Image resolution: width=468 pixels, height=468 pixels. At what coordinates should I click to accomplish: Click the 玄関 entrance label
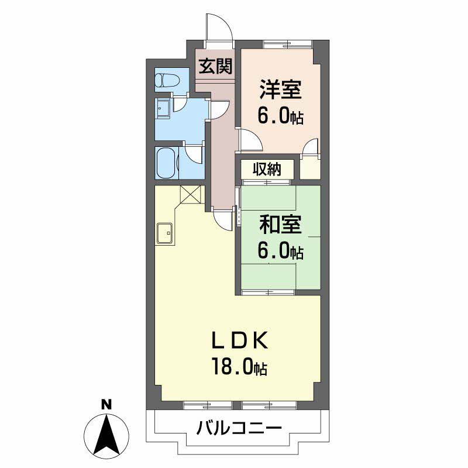click(215, 66)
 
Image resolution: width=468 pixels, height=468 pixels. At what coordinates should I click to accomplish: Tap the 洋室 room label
click(280, 90)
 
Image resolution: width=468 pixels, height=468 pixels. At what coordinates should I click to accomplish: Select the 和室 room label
click(280, 225)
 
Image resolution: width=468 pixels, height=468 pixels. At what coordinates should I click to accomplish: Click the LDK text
click(240, 340)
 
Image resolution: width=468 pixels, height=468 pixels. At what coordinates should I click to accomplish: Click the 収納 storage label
click(267, 169)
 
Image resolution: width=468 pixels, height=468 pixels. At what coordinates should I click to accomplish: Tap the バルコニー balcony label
click(239, 428)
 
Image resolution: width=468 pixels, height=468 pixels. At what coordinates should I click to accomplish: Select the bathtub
click(166, 163)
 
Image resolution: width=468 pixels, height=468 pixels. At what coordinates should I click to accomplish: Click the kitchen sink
click(164, 233)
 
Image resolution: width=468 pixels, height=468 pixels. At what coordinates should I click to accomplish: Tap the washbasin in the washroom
click(163, 109)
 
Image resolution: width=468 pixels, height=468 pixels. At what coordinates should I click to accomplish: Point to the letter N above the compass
click(106, 404)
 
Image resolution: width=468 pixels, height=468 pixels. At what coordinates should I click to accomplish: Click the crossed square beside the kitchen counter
click(191, 194)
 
